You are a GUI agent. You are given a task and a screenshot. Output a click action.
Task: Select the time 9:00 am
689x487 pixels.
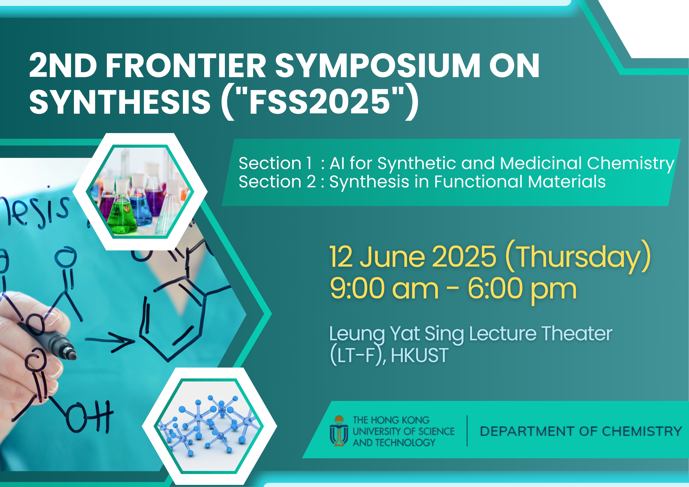[384, 289]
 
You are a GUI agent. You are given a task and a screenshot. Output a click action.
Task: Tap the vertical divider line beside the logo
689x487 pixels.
[467, 431]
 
